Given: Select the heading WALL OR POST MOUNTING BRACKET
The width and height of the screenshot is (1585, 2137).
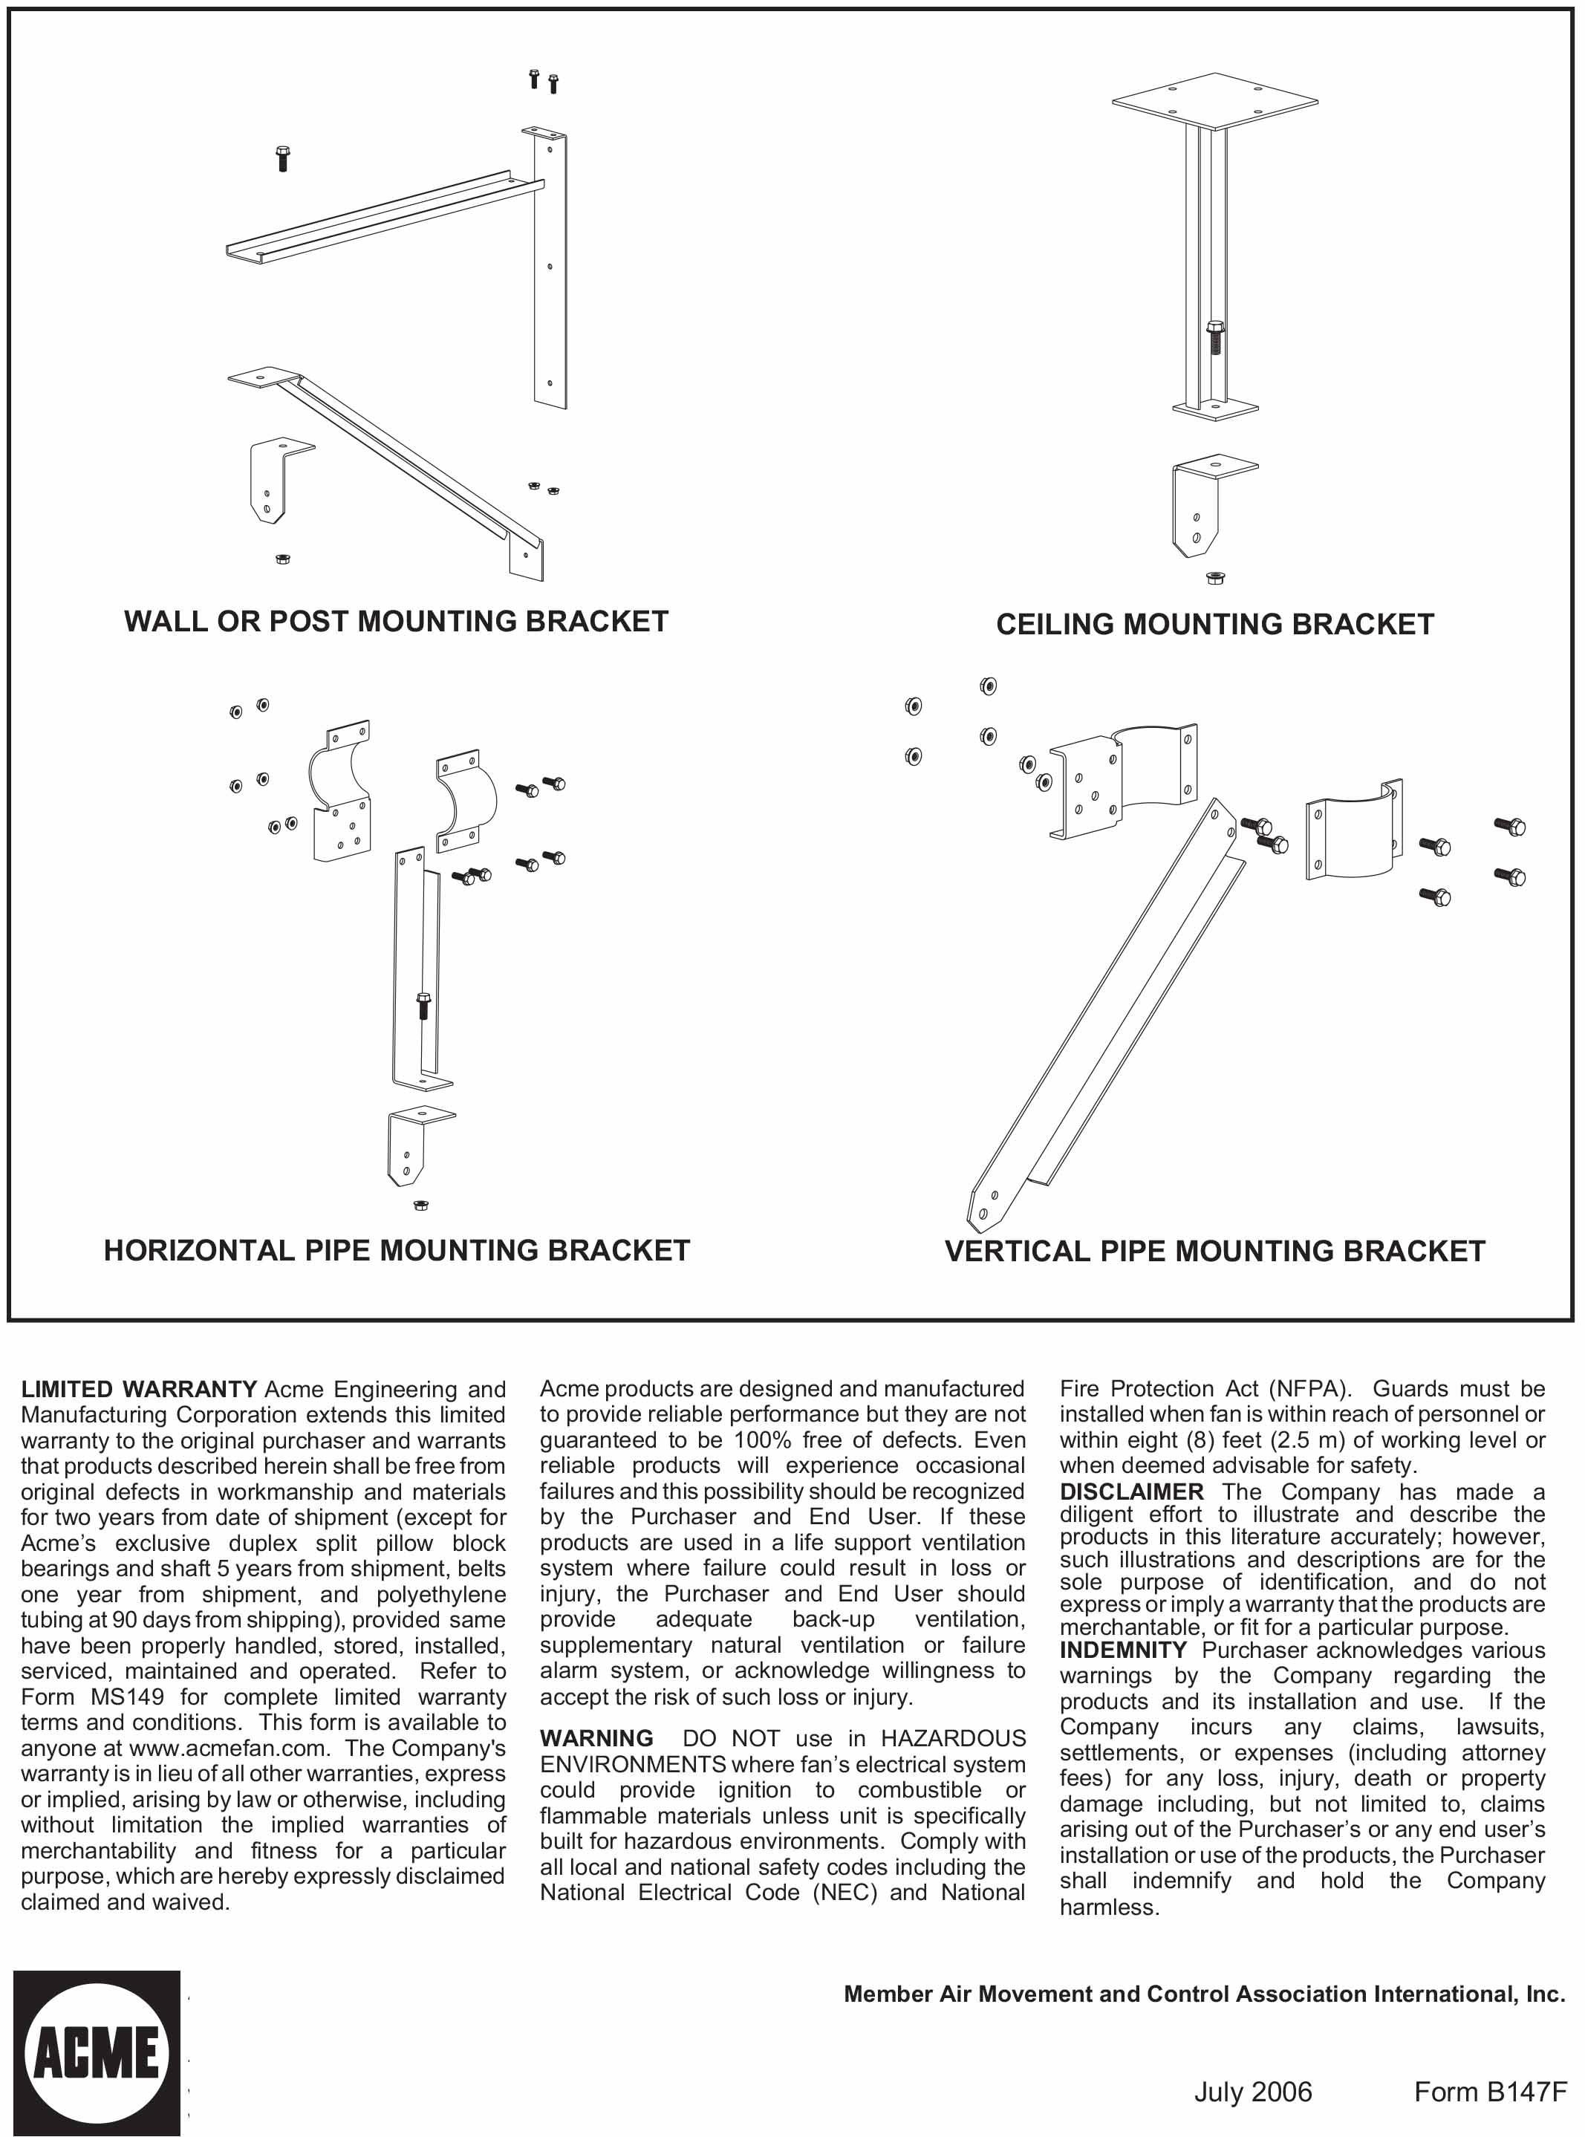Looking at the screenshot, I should (397, 622).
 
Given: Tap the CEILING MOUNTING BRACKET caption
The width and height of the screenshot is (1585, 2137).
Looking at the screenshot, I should (1214, 625).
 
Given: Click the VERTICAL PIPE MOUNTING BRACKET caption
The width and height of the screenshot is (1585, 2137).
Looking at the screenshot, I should (1214, 1252).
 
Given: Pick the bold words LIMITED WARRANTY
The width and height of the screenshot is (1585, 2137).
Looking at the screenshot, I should (138, 1390).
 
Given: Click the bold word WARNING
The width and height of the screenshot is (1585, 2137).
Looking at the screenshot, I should (596, 1738).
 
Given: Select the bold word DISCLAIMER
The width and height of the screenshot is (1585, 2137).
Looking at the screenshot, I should (1131, 1492).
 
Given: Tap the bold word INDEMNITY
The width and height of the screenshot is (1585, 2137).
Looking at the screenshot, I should (1122, 1650).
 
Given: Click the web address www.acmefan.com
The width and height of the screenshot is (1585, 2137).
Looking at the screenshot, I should (227, 1749).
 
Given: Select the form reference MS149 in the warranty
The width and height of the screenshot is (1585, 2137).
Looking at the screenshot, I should (127, 1697).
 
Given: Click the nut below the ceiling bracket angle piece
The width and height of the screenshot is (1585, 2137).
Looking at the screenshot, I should (1214, 578).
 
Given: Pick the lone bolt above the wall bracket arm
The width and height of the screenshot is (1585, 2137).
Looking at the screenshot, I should (282, 157).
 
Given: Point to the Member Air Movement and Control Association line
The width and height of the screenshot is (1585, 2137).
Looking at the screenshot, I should (1204, 1994).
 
